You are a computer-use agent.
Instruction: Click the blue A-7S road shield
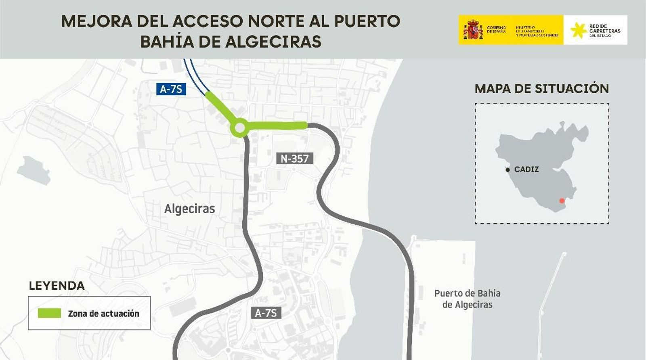171,89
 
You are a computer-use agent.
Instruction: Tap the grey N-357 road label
295,159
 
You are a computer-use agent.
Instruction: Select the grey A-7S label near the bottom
266,313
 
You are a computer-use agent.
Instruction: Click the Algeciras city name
189,209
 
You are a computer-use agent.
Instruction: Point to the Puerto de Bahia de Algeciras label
467,299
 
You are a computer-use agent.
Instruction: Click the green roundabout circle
239,128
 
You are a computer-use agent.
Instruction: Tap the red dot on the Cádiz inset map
562,201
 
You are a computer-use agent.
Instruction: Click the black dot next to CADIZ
508,170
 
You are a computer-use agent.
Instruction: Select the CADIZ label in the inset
526,170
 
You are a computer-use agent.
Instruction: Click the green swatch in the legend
49,313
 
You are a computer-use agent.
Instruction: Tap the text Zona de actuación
103,314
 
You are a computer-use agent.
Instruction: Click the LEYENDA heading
57,286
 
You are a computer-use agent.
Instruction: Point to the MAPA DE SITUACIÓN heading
541,89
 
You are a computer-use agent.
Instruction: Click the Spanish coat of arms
473,30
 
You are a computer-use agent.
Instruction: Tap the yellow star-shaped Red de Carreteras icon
578,30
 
